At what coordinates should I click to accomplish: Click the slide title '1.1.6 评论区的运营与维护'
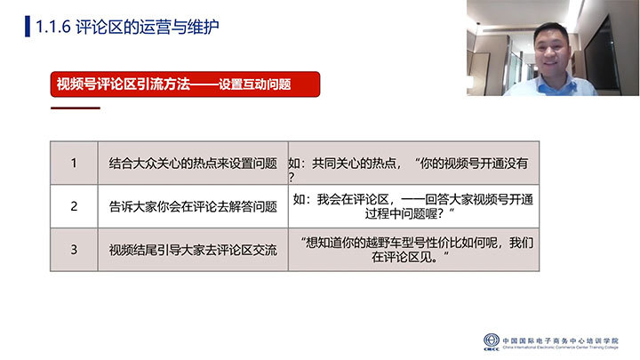coord(127,27)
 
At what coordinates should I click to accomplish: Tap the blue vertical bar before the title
coord(28,27)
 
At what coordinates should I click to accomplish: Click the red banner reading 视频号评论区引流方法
coord(185,84)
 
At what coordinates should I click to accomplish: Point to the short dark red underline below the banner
coord(76,108)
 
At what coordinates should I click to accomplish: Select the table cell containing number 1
coord(74,163)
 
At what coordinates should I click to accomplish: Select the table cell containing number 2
coord(74,206)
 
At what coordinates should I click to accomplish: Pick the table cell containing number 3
coord(74,250)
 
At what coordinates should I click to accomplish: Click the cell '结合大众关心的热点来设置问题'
coord(193,164)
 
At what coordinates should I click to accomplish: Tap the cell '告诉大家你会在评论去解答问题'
coord(193,206)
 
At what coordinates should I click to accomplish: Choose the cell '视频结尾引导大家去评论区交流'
coord(193,250)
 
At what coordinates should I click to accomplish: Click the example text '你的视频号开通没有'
coord(474,164)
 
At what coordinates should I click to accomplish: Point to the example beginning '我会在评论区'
coord(413,206)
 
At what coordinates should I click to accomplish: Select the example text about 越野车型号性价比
coord(416,250)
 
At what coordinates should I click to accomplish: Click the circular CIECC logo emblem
coord(492,340)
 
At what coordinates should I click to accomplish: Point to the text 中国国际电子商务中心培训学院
coord(560,340)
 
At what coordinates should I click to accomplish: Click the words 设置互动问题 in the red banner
coord(255,84)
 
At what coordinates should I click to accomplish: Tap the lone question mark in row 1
coord(291,177)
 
